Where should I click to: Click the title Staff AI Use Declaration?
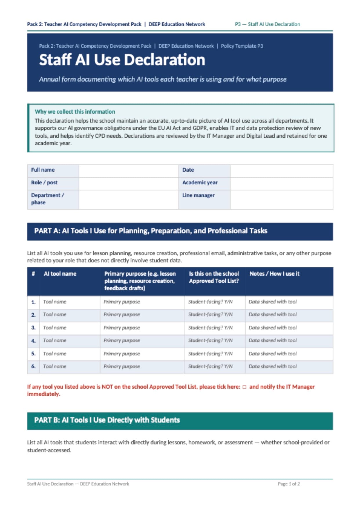point(122,60)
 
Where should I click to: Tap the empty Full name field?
point(129,171)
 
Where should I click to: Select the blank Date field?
point(281,171)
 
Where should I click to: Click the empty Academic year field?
point(281,183)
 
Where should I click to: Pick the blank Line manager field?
point(281,199)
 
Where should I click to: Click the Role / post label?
point(44,183)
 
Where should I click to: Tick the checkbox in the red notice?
point(244,387)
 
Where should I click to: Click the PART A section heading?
point(151,231)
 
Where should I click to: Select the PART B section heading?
point(107,420)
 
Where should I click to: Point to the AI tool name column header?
point(60,274)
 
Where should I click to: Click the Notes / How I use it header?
point(274,274)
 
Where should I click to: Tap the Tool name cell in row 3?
point(55,328)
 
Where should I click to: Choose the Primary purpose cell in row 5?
point(122,354)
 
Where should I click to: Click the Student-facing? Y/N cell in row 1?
point(210,302)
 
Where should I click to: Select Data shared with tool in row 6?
point(272,366)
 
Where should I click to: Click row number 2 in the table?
point(33,315)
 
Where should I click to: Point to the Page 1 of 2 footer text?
point(289,484)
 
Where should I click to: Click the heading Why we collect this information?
point(75,112)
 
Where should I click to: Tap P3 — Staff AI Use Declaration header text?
point(267,24)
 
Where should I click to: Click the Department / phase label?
point(48,199)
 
